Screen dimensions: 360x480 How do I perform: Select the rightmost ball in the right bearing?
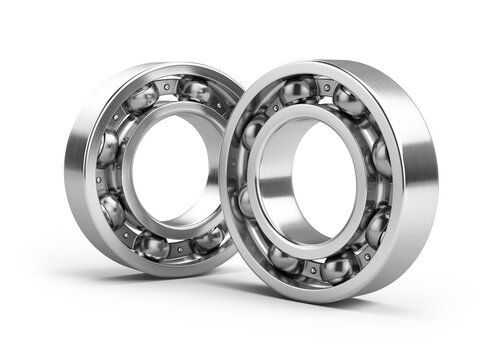381,158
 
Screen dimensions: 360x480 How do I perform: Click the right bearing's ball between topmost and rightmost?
349,102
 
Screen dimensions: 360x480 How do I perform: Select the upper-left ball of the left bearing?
141,98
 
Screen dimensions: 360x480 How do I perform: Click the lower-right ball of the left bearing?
208,238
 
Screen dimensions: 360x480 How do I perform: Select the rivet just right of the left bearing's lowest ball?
181,248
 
